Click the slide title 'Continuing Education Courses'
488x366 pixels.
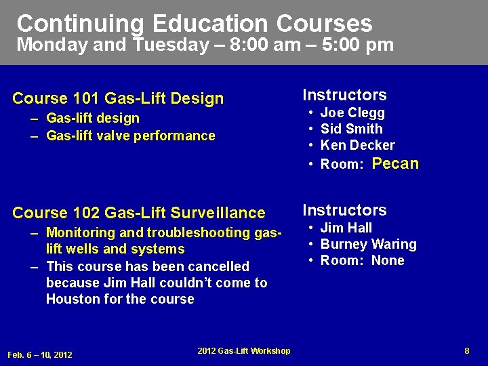[195, 24]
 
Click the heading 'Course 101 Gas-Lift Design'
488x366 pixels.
[118, 99]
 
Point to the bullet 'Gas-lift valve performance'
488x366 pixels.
[130, 136]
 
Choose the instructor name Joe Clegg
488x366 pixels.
[352, 113]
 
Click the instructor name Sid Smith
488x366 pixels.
[351, 129]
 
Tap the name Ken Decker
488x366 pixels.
[357, 145]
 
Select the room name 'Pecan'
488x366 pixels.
[396, 163]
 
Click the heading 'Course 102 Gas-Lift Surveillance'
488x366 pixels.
[139, 213]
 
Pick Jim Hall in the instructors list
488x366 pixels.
[346, 228]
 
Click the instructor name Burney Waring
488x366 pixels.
[368, 244]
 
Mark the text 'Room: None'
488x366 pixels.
[362, 260]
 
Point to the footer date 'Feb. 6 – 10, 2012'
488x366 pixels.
[39, 354]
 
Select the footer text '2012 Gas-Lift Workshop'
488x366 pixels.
[244, 350]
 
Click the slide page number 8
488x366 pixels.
[467, 350]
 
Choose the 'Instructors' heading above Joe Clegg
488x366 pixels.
[344, 95]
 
